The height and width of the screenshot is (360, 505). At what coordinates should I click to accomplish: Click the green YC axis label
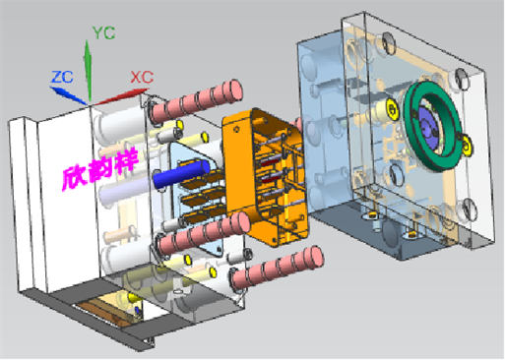point(104,32)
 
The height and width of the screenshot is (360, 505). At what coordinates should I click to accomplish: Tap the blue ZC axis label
point(62,78)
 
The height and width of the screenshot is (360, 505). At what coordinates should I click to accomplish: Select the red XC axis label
point(142,78)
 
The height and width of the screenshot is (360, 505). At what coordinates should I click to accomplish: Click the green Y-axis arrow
point(88,70)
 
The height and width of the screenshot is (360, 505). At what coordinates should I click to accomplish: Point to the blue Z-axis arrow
point(69,95)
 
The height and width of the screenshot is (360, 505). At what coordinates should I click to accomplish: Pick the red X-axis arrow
point(121,96)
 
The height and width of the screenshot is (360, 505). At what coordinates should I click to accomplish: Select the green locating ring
point(430,126)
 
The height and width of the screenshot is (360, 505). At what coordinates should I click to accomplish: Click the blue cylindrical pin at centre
point(181,174)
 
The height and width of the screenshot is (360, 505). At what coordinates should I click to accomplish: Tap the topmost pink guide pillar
point(197,101)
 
